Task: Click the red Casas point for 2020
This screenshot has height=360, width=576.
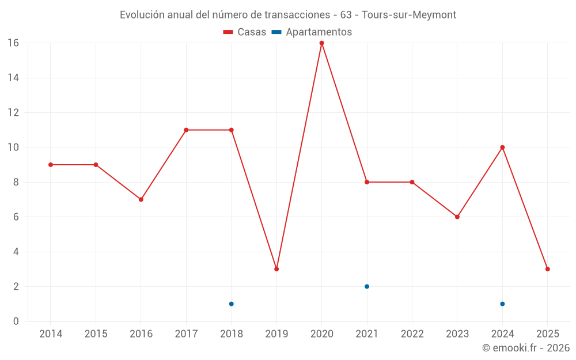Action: (x=321, y=43)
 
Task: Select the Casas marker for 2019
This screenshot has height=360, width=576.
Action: (x=276, y=269)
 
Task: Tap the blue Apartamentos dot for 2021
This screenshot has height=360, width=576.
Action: (x=367, y=286)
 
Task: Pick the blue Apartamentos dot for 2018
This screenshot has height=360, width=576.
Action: (x=231, y=304)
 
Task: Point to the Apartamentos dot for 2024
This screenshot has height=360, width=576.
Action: (x=502, y=304)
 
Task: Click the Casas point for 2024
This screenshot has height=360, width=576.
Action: (x=502, y=147)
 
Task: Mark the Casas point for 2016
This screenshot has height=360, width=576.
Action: (x=141, y=199)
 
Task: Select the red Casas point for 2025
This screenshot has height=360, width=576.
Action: (x=547, y=269)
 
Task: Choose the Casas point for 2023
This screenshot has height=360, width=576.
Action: (x=457, y=217)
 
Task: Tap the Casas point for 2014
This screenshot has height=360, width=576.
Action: (x=51, y=165)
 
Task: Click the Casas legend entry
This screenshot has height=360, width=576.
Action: (x=245, y=32)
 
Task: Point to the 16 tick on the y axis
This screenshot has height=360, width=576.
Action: (x=13, y=43)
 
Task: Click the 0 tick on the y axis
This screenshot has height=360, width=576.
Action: (x=16, y=321)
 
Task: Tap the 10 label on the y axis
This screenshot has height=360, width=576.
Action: (x=13, y=147)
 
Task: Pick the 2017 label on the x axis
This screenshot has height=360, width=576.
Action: (x=186, y=334)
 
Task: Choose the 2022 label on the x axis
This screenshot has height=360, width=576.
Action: (x=412, y=334)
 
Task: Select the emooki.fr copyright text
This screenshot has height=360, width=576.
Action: (x=526, y=348)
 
